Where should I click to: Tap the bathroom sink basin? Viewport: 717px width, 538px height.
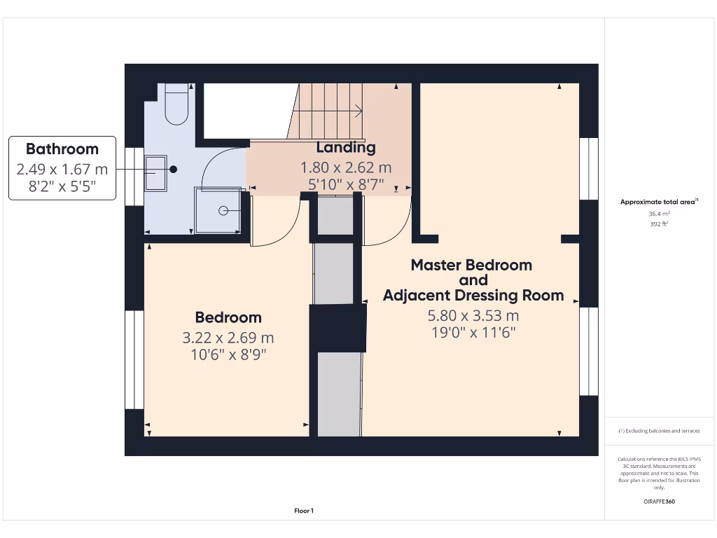pos(155,173)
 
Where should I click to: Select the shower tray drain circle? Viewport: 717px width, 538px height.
pos(223,210)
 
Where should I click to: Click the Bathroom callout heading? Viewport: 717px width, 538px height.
pos(62,149)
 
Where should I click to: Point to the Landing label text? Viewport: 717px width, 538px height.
pos(346,147)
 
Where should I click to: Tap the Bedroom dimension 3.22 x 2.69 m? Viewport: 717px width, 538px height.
pos(228,338)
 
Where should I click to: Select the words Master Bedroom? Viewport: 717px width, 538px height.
pos(471,265)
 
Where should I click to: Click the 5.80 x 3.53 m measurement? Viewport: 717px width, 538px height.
pos(473,315)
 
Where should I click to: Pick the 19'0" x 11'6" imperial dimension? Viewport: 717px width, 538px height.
pos(473,333)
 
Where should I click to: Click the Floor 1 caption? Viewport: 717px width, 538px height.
pos(304,511)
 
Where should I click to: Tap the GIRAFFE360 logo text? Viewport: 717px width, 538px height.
pos(660,502)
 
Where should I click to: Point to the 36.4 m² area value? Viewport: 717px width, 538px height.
pos(659,214)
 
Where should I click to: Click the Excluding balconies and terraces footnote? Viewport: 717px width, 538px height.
pos(659,431)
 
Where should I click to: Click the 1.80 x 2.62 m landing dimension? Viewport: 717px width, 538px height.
pos(346,168)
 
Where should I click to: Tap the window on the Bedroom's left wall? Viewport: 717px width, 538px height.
pos(134,359)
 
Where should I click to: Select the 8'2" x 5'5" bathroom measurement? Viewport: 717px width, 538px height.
pos(62,186)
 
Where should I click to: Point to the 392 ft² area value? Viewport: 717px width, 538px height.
pos(659,224)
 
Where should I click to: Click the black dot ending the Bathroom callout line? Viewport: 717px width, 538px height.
pos(173,169)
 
